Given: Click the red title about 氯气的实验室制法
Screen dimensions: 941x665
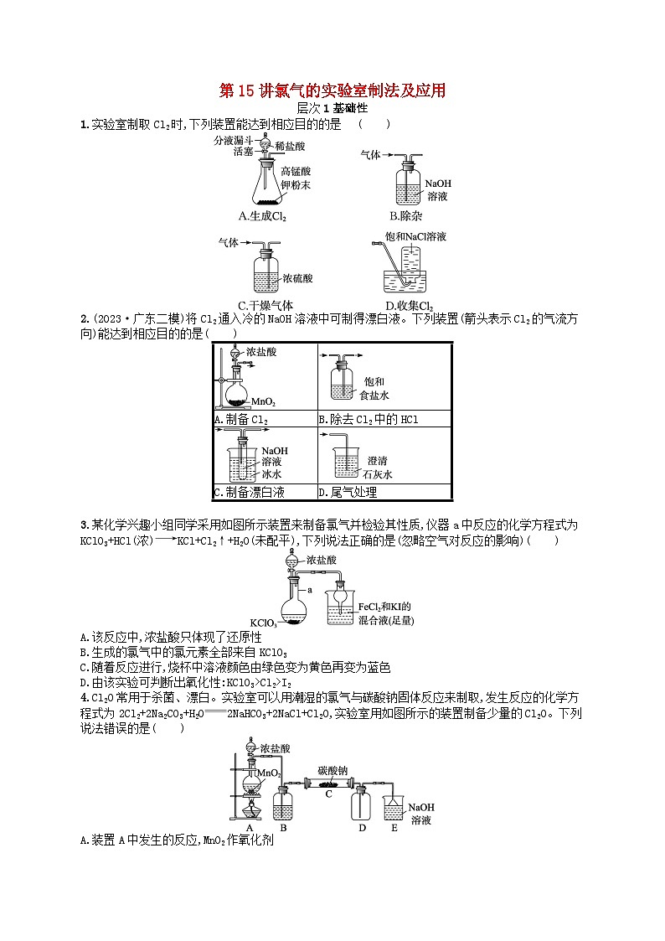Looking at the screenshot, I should click(332, 90).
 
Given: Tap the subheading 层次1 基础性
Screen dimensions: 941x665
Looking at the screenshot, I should click(332, 108).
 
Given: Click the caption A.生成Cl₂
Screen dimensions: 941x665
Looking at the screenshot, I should click(262, 216).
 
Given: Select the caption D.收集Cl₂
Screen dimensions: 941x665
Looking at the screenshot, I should click(410, 306).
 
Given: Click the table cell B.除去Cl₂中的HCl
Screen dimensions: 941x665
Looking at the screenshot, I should click(368, 419).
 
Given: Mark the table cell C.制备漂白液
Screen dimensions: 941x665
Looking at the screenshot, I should click(249, 493).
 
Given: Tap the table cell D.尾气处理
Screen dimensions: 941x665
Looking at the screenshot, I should click(352, 493).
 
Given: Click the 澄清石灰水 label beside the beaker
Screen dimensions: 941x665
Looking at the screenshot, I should click(377, 468).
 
